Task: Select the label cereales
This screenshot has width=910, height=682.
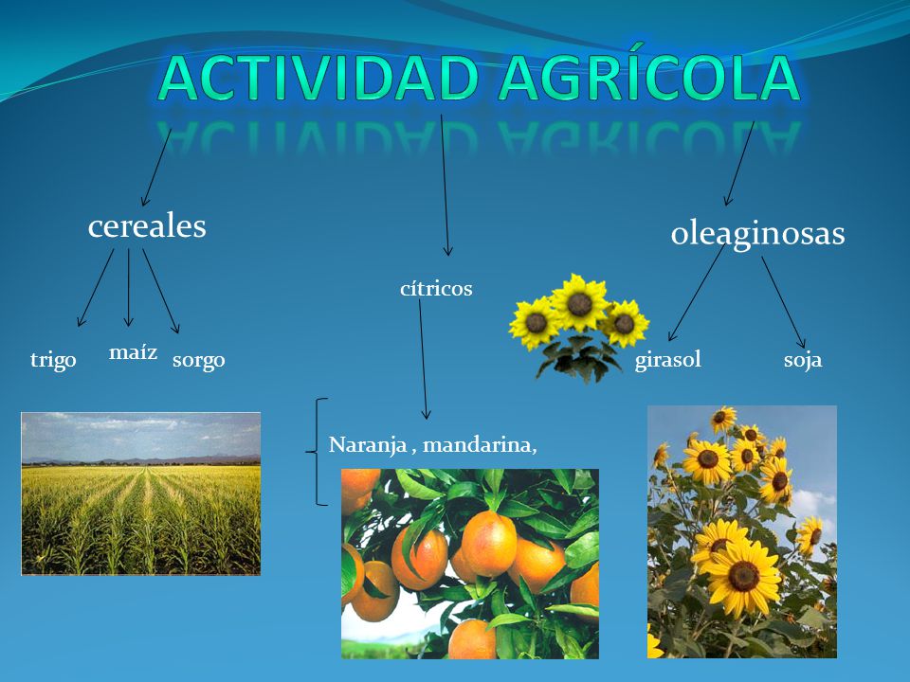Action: (x=147, y=226)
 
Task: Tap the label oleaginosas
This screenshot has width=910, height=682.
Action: (x=757, y=234)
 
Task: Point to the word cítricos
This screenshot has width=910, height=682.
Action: (x=436, y=288)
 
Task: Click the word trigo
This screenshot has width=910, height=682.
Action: (x=53, y=360)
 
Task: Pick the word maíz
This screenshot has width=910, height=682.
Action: (x=133, y=351)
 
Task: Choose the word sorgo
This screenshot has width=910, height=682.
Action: (x=198, y=361)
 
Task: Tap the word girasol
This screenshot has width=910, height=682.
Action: (x=668, y=360)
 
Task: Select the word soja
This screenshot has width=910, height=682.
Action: (x=803, y=360)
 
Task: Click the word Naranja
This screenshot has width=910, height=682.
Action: (x=368, y=445)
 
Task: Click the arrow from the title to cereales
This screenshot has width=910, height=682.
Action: (x=156, y=167)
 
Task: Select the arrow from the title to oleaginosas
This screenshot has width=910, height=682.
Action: (x=739, y=163)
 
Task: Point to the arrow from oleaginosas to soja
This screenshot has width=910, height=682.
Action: (x=784, y=302)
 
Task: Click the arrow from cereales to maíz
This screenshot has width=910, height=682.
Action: (x=128, y=288)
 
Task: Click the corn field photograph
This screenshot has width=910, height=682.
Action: (x=141, y=494)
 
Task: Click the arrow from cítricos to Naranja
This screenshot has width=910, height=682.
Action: (x=423, y=359)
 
